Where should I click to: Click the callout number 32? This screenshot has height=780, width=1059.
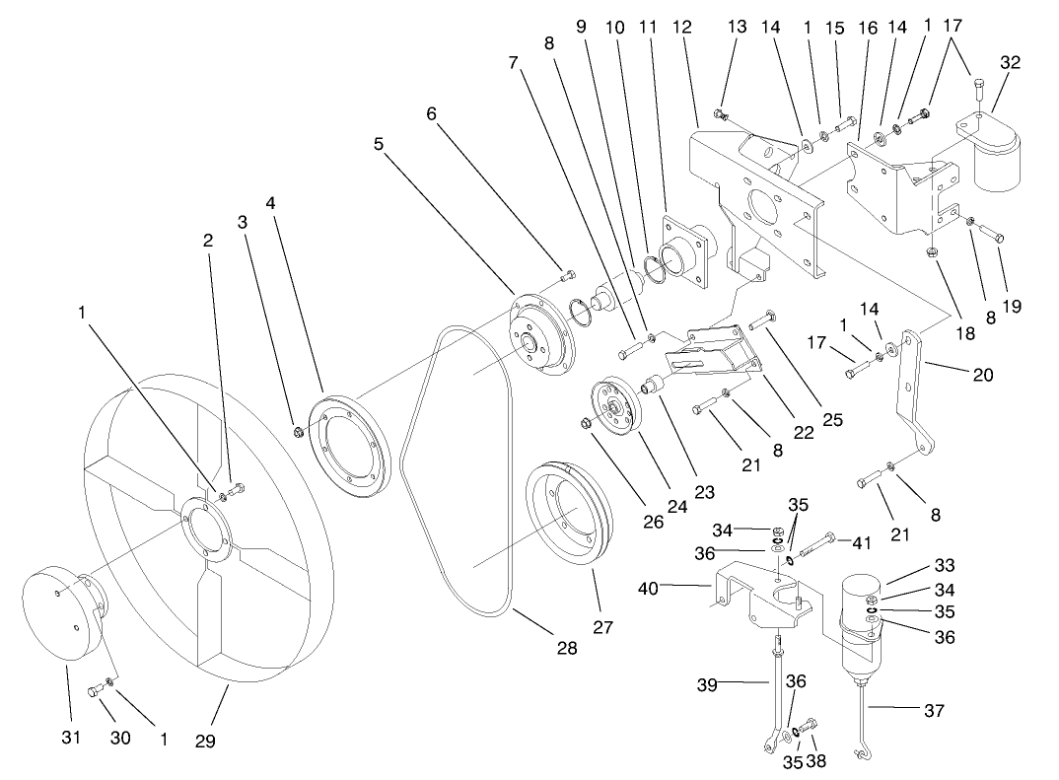[x=1011, y=62]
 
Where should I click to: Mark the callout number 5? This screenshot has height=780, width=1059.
[x=378, y=143]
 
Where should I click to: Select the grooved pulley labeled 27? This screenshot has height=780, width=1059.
[x=570, y=518]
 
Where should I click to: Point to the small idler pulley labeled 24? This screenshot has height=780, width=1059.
[x=616, y=404]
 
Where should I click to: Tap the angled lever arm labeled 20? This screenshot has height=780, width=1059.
[x=910, y=394]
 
